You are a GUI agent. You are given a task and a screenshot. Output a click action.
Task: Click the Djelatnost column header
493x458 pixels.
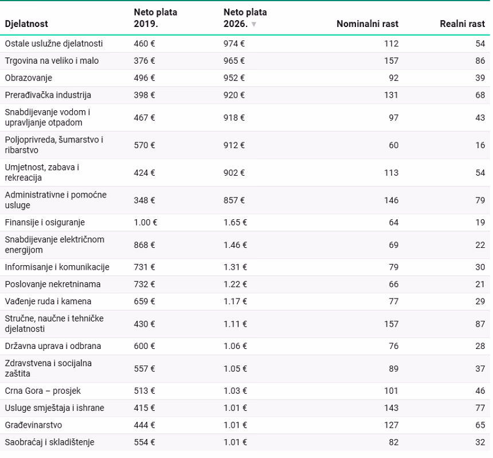26,24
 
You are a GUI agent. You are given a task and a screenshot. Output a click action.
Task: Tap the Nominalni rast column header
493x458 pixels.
367,24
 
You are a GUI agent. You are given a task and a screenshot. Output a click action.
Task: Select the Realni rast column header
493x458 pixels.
462,24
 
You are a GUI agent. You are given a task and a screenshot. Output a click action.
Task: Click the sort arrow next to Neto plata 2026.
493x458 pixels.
254,24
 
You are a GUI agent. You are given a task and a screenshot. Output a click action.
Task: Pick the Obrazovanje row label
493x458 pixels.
29,78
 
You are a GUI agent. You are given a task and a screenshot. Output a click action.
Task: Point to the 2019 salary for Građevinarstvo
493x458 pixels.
144,425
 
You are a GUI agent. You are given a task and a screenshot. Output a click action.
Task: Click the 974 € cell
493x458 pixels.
234,44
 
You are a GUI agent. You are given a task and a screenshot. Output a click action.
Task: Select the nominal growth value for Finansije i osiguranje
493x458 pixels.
394,222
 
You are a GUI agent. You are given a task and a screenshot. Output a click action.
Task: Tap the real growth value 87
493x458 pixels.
480,324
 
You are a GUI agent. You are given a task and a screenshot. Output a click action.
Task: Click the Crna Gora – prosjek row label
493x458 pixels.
43,391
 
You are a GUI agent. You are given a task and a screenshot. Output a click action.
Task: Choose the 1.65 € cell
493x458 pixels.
235,222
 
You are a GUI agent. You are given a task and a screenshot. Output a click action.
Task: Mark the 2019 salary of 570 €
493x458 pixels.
144,145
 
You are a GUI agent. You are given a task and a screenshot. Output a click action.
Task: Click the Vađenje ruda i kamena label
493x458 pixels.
48,301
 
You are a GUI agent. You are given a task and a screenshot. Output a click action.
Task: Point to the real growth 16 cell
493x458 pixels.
480,145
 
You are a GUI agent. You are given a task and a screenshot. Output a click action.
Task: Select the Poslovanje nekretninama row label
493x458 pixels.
53,284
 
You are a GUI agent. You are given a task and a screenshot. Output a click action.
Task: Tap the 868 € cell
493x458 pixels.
144,245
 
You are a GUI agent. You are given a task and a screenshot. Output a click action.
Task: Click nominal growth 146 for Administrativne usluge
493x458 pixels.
391,200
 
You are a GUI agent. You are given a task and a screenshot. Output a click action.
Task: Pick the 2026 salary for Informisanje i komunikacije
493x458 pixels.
235,267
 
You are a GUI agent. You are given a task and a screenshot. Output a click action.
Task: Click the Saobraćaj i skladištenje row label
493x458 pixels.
50,443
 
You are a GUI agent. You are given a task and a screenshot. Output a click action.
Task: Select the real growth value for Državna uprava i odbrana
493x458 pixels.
480,346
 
